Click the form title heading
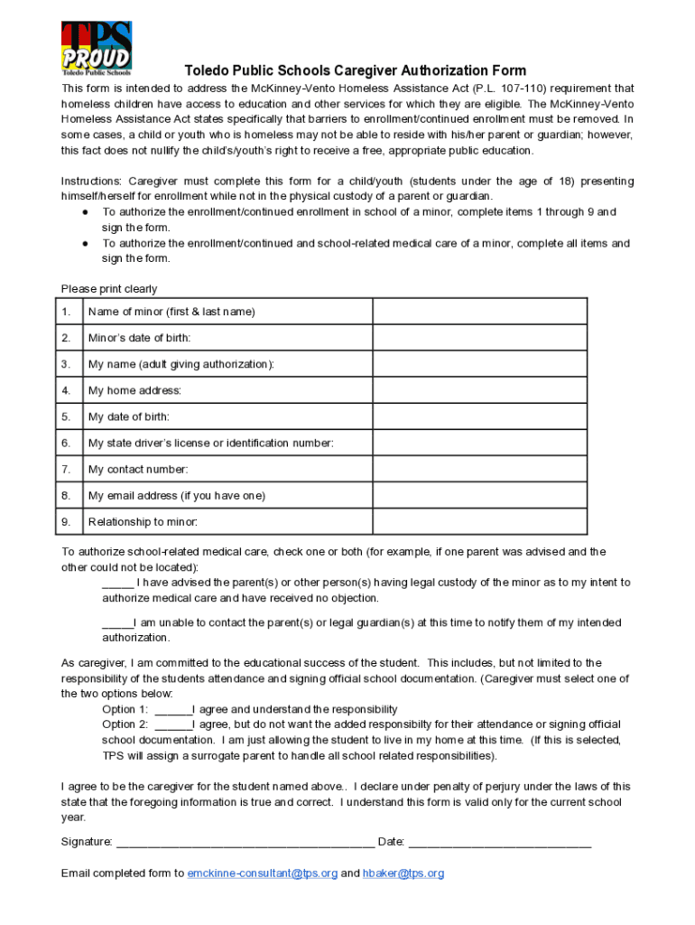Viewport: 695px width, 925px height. [x=355, y=70]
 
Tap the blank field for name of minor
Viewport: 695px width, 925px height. [x=480, y=312]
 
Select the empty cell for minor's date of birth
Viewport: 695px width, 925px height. [x=480, y=338]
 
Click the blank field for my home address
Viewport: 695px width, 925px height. [x=480, y=390]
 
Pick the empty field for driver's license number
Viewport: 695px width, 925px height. [x=480, y=443]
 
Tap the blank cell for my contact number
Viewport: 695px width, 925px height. [x=480, y=470]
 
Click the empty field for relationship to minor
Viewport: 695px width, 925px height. [x=480, y=522]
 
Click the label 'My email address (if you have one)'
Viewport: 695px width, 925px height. [x=177, y=496]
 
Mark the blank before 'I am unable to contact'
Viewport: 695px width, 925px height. [x=117, y=623]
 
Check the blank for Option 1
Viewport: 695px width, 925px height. [x=172, y=710]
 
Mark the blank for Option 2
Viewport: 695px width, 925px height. [x=172, y=725]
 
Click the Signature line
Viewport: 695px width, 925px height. [x=246, y=843]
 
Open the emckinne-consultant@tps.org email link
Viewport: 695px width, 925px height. [x=262, y=874]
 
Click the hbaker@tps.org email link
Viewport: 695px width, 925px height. [x=403, y=874]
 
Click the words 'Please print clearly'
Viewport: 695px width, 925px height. [x=109, y=289]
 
